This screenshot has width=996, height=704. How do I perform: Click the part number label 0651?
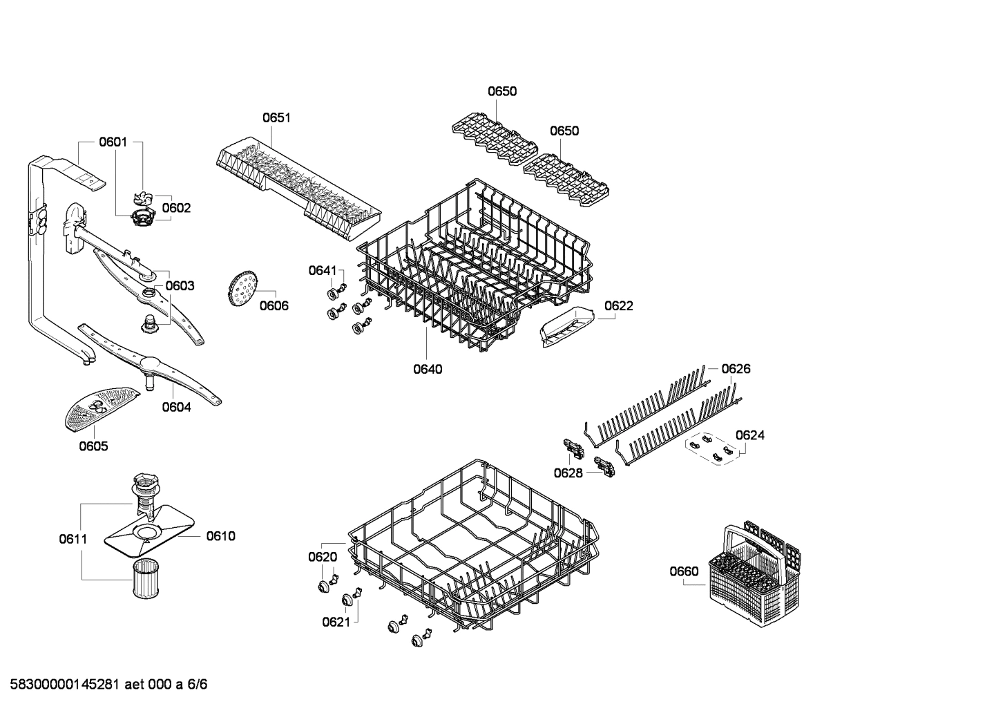[276, 117]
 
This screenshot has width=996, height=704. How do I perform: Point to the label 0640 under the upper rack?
[428, 369]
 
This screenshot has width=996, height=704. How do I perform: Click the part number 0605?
[93, 446]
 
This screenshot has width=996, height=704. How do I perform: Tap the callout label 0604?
[176, 407]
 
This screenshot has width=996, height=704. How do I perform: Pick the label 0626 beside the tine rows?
[736, 369]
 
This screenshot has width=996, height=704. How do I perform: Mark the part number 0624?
[749, 435]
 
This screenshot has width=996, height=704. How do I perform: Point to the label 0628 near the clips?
[568, 473]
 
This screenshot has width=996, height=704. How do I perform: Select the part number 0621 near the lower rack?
[336, 622]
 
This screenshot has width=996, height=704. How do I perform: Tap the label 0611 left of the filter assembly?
[73, 538]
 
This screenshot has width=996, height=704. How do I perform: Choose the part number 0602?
[176, 208]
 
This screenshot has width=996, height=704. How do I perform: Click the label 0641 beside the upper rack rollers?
[322, 270]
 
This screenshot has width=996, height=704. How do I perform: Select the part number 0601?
[113, 142]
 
